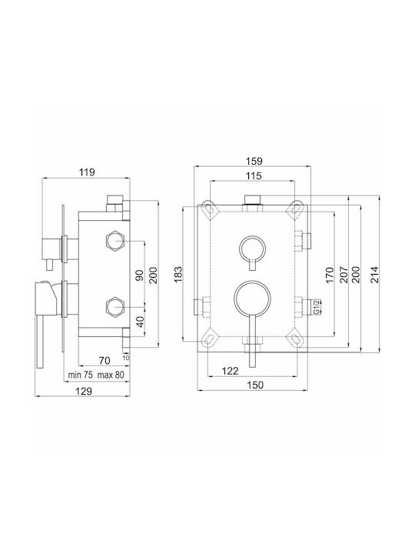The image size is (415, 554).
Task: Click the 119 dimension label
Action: point(87,172)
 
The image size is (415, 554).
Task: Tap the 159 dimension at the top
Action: point(254,161)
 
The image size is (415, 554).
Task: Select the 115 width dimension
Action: point(254,175)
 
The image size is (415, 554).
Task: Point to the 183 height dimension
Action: point(178,274)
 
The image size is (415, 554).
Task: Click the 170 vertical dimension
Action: point(329,275)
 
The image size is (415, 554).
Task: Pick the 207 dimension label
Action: point(343,275)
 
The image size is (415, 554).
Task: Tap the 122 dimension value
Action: point(230,371)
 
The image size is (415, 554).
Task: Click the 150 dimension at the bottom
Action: point(255,385)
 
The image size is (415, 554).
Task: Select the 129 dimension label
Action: point(84,391)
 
